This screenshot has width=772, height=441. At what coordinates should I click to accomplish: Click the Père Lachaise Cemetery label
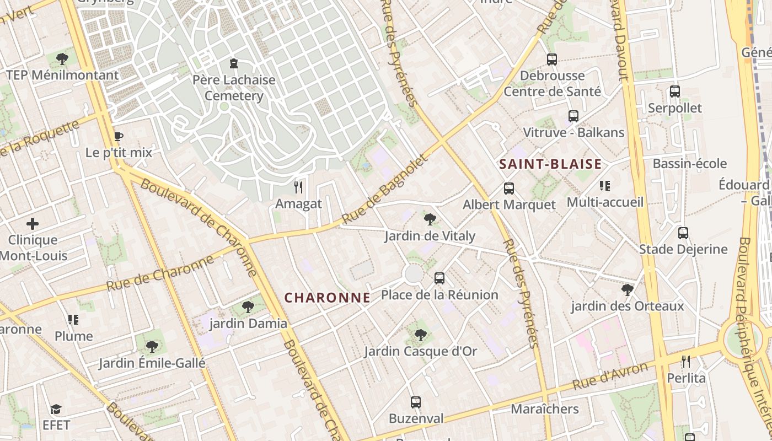234,88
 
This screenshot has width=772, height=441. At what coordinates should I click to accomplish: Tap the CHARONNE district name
327,298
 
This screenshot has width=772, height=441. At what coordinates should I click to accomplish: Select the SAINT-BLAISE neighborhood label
550,164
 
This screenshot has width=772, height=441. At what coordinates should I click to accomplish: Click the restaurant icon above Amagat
298,187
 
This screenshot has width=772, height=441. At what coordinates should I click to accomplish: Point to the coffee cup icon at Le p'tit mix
118,136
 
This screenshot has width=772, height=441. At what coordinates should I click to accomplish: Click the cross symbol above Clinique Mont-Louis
33,224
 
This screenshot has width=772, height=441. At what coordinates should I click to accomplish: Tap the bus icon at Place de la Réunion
439,278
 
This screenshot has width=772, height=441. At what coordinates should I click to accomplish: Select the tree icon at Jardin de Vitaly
430,220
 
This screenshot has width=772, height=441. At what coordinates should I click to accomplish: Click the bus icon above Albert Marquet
509,189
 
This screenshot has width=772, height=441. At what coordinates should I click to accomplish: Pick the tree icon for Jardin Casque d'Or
420,335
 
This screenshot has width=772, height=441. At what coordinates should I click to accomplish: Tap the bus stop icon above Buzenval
416,402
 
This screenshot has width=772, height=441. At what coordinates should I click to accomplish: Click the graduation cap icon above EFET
56,409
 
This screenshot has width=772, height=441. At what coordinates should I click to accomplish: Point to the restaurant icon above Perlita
686,362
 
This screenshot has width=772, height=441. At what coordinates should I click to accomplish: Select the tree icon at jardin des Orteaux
627,289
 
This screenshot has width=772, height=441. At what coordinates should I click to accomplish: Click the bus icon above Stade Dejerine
683,233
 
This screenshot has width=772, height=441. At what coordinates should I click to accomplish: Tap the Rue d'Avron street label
610,376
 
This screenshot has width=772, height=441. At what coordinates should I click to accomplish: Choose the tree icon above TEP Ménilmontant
62,58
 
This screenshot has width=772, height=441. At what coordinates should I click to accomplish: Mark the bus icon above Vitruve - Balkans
573,116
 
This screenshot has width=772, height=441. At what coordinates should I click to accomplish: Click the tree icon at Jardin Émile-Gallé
152,347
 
